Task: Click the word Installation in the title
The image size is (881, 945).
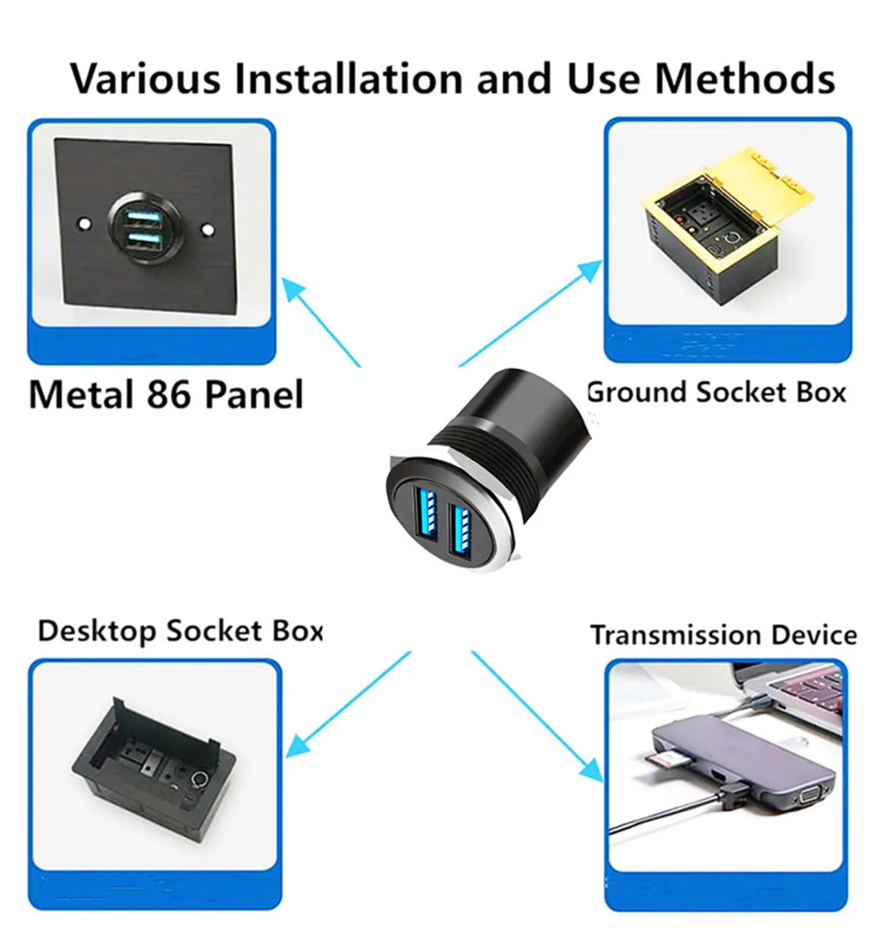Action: [x=348, y=79]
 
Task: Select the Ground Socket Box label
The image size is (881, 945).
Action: [x=716, y=392]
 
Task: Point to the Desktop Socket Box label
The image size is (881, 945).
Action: [x=180, y=632]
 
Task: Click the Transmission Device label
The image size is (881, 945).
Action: [x=723, y=636]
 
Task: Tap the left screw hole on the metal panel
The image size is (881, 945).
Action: [x=85, y=223]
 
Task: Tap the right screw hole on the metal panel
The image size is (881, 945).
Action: [x=208, y=230]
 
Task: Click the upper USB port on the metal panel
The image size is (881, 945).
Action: [x=144, y=219]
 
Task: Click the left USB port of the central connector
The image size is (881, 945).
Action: [x=428, y=514]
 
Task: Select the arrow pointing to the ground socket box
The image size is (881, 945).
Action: [x=530, y=313]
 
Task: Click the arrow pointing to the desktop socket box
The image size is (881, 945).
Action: [x=348, y=704]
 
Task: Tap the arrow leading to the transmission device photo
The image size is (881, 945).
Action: [x=538, y=716]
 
